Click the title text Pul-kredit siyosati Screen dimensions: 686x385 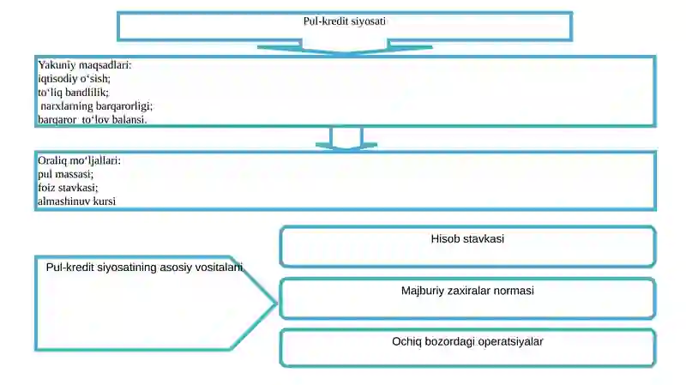[345, 21]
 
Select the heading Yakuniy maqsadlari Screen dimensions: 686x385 [84, 65]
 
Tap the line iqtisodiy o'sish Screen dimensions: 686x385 [74, 79]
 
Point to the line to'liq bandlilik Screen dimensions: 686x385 [73, 93]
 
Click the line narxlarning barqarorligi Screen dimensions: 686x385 [97, 105]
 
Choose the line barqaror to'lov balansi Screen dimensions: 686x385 [93, 119]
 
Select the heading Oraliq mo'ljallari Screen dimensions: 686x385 [79, 160]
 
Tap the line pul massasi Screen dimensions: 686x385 [66, 174]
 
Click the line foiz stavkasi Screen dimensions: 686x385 [68, 188]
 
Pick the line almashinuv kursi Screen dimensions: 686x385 [76, 202]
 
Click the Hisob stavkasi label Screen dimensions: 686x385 [467, 239]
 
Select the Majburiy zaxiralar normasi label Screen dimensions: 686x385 [467, 291]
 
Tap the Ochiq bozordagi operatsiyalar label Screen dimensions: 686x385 [467, 341]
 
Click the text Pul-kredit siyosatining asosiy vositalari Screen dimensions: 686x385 [144, 268]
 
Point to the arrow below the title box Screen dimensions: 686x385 [345, 47]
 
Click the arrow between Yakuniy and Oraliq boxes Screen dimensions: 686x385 [346, 139]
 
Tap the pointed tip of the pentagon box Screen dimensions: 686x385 [276, 303]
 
